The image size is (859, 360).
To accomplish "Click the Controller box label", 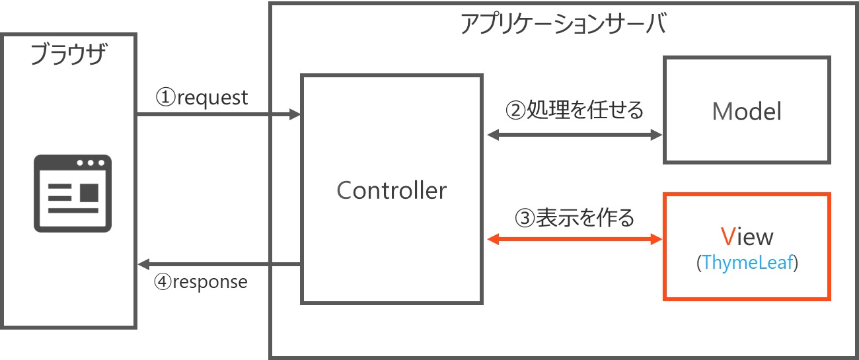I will click(x=391, y=191).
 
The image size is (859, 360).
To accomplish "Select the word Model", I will click(x=747, y=112).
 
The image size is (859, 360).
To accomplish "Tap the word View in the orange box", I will click(x=747, y=236).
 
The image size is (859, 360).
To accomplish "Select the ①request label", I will click(x=202, y=98).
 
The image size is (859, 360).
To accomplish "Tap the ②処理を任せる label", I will click(x=574, y=110).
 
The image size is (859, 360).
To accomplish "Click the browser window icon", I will click(x=73, y=193).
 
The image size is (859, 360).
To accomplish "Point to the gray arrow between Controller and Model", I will click(x=574, y=135).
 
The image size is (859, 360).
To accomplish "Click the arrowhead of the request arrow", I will click(x=296, y=116).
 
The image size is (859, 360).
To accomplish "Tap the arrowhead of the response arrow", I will click(x=142, y=265).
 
